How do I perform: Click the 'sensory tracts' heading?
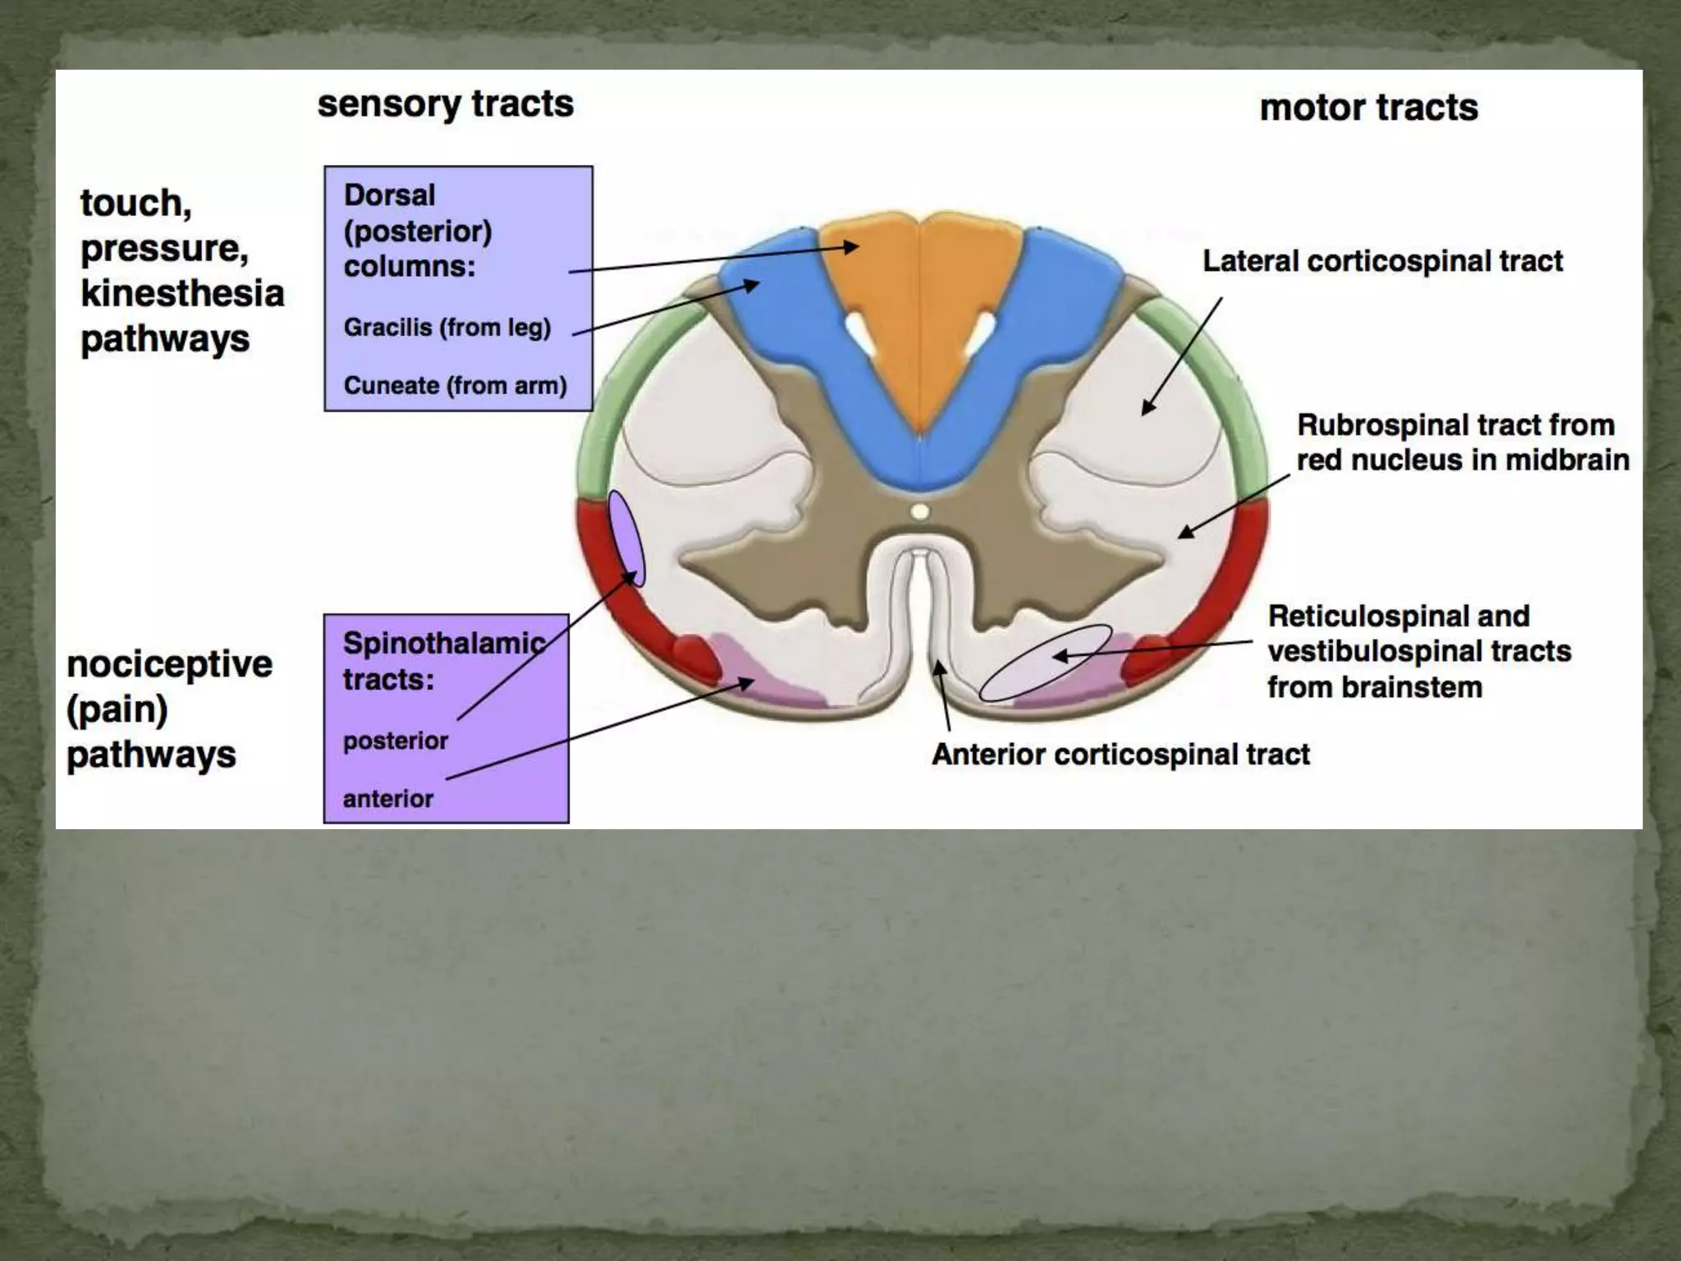(445, 104)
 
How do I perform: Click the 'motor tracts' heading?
(1368, 108)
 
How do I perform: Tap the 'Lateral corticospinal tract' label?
(1382, 261)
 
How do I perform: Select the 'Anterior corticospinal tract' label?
(1120, 754)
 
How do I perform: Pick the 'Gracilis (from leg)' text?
(447, 328)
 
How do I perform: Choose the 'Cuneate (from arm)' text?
(455, 385)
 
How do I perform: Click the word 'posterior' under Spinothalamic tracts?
(396, 741)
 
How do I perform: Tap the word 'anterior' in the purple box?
(387, 798)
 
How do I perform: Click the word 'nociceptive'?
(169, 664)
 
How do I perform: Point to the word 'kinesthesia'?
(182, 293)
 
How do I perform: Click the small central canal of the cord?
(920, 512)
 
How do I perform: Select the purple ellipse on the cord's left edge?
(627, 539)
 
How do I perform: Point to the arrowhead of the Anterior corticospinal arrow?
(940, 667)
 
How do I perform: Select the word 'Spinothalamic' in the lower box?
(444, 643)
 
